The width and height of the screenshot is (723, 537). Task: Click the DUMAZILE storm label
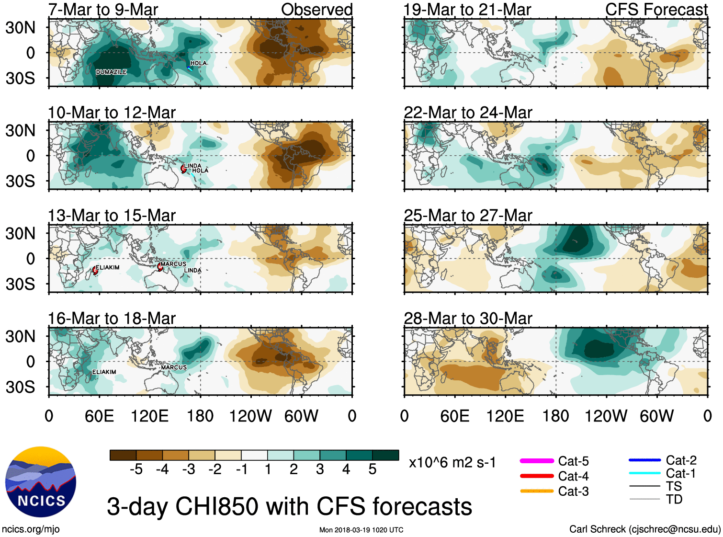[x=111, y=72]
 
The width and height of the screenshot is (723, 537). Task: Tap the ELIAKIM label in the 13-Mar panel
[x=107, y=267]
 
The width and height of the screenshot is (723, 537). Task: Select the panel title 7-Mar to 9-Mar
[x=103, y=10]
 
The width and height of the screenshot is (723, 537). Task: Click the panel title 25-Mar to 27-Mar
[x=467, y=216]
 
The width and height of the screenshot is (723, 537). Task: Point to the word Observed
[x=316, y=10]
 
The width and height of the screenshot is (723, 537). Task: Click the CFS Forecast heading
[x=656, y=10]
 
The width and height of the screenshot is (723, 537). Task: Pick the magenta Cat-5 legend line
[x=537, y=461]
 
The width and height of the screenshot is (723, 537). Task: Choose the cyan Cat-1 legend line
[x=644, y=473]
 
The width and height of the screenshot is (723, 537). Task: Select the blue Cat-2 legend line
[x=644, y=460]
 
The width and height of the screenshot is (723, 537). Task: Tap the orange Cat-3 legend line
[x=537, y=491]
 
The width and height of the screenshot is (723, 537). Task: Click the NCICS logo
[x=41, y=482]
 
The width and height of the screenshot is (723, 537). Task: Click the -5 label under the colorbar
[x=136, y=469]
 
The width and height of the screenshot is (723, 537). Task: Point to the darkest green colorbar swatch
[x=385, y=455]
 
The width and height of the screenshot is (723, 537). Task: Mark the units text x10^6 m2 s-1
[x=452, y=463]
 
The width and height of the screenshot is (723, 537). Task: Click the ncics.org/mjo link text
[x=31, y=529]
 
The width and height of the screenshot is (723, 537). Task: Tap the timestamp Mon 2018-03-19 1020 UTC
[x=361, y=530]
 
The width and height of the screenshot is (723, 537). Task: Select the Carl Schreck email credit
[x=644, y=529]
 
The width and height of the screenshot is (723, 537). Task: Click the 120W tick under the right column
[x=606, y=416]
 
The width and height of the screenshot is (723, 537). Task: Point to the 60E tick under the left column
[x=99, y=416]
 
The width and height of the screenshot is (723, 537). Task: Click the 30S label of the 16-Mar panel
[x=20, y=387]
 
